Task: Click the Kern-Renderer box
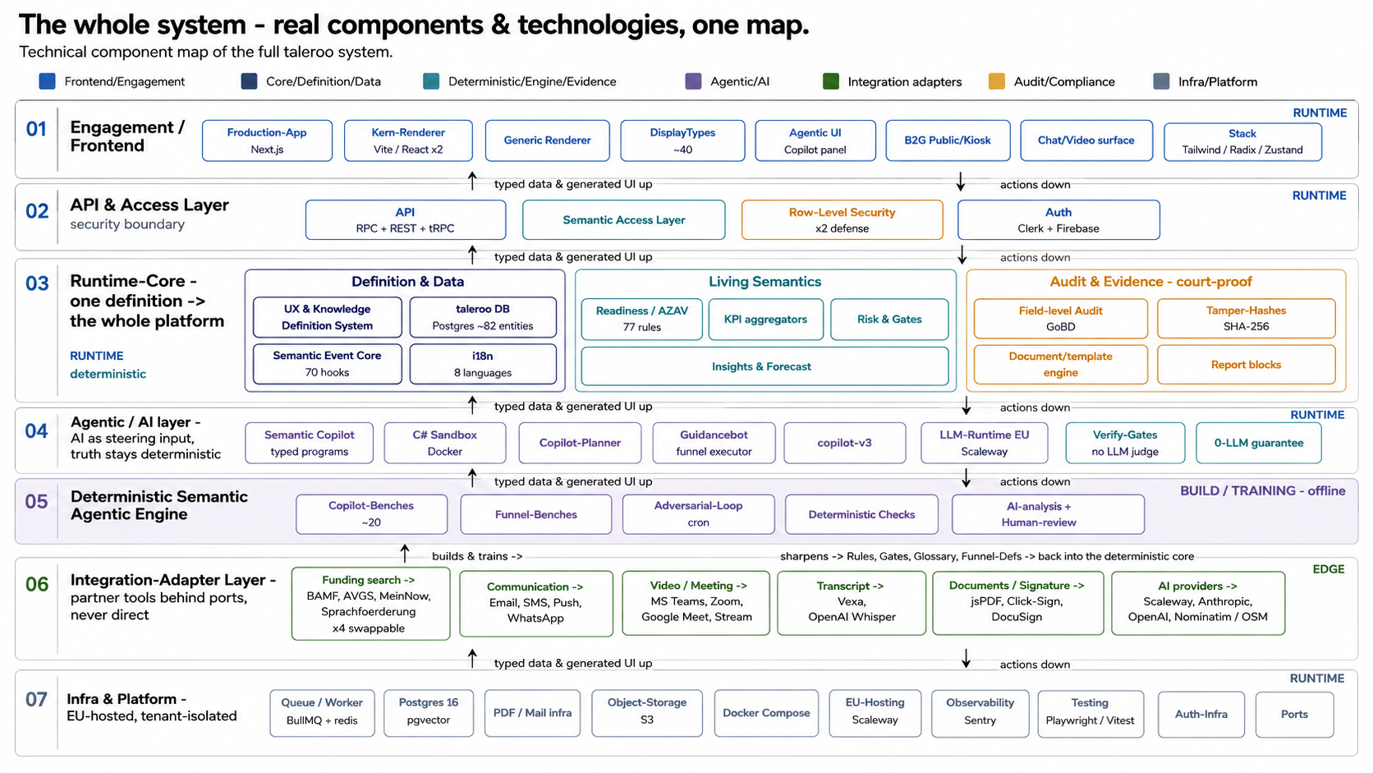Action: coord(408,140)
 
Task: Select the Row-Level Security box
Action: coord(842,219)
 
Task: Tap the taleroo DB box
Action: coord(483,317)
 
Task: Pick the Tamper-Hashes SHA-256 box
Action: coord(1246,318)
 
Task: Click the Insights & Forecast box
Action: coord(765,366)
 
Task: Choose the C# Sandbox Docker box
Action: coord(445,443)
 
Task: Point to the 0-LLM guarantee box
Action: coord(1258,443)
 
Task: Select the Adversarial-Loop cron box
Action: coord(698,513)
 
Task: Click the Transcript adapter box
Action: coord(852,603)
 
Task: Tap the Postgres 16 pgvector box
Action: coord(429,713)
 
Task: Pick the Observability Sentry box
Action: coord(980,713)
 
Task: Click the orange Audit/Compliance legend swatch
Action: coord(997,81)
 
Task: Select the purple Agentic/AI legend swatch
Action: coord(693,81)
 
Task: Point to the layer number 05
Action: coord(36,502)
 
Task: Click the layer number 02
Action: coord(37,211)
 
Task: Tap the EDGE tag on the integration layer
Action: coord(1329,569)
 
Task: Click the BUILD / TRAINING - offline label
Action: coord(1263,491)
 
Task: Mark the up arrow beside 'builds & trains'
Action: coord(405,553)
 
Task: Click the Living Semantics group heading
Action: coord(765,282)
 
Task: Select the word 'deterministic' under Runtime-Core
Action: coord(108,374)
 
